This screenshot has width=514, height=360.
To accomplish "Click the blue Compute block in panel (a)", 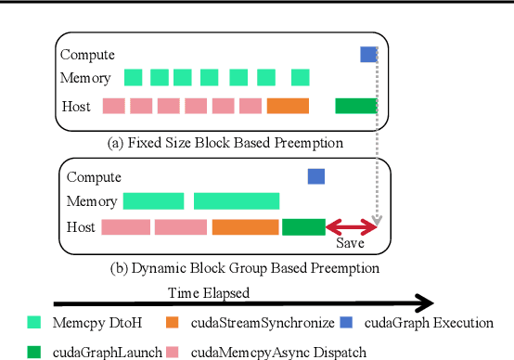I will coord(368,55).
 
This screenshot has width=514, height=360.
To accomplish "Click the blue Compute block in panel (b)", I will coord(316,175).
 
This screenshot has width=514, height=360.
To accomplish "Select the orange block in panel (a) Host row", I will coord(288,106).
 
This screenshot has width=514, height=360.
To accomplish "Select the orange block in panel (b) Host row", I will coord(245,227).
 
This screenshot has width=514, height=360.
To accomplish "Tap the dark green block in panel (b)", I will coord(303,227).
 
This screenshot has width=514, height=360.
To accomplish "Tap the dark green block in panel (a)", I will coord(355,106).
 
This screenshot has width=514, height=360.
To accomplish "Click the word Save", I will coord(350,242).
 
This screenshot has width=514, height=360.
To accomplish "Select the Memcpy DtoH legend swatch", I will coord(34,323).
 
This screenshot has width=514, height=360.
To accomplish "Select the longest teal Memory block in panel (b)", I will coord(237,200).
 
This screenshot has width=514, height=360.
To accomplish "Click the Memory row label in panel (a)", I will coord(85,79).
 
